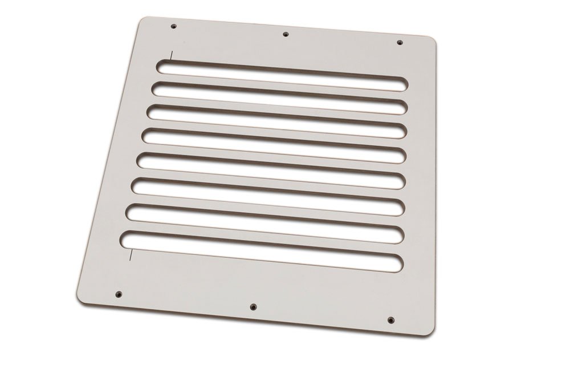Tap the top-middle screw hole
click(x=286, y=34)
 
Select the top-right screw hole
click(x=399, y=42)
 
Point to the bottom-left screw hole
click(x=119, y=294)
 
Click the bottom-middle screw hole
click(x=252, y=307)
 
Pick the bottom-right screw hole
click(x=390, y=319)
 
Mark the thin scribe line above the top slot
click(x=170, y=55)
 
